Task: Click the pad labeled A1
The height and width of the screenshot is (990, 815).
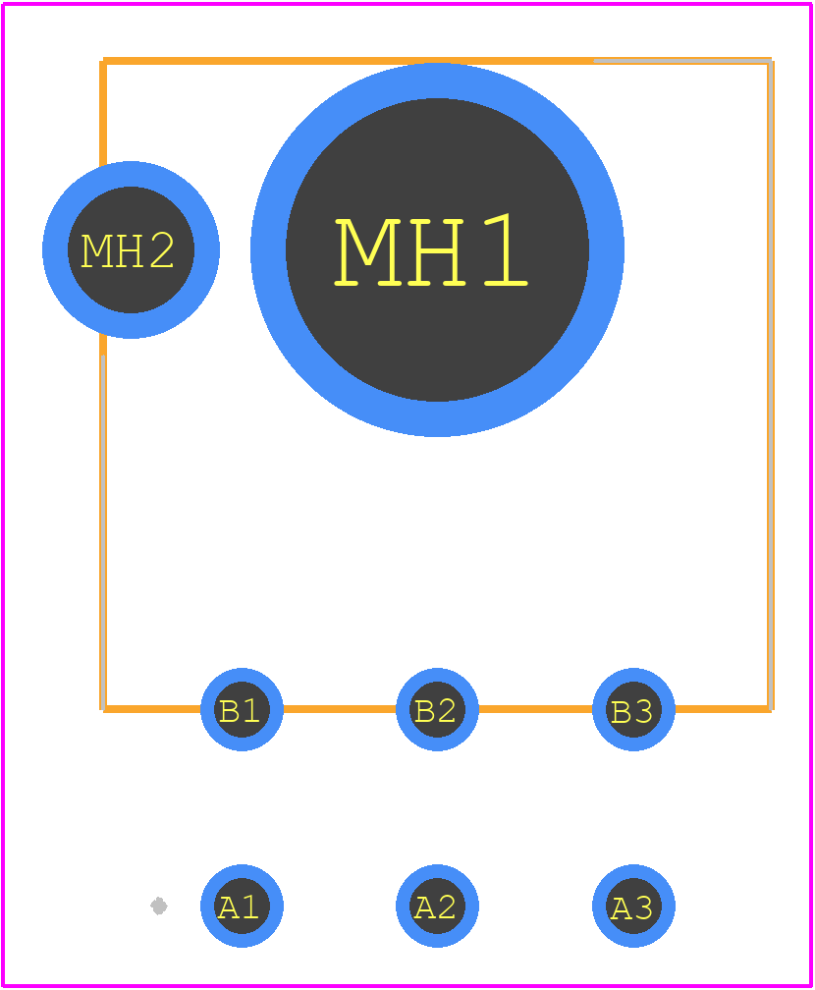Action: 242,906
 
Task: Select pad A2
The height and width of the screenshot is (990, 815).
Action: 438,906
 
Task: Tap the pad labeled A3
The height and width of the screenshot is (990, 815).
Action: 633,906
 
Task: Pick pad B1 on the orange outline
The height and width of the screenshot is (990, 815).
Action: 242,709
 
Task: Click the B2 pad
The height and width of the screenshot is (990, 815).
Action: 438,709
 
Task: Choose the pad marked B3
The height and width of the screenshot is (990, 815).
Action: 633,709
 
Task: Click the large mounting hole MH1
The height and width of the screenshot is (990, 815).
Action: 438,249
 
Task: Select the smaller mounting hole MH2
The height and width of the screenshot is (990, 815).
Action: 131,250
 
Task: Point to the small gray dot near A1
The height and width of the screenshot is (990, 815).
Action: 158,906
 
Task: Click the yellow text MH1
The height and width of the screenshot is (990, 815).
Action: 430,251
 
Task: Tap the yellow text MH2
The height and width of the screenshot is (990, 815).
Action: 128,250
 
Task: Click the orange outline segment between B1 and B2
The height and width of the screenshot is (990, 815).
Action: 340,709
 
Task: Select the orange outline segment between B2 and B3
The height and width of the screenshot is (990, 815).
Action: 535,709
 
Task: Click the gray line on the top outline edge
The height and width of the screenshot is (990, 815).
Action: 682,61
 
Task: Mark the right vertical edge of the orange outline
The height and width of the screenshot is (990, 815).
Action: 771,385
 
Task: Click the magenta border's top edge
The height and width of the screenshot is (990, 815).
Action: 407,4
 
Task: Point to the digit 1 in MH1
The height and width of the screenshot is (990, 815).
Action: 507,250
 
